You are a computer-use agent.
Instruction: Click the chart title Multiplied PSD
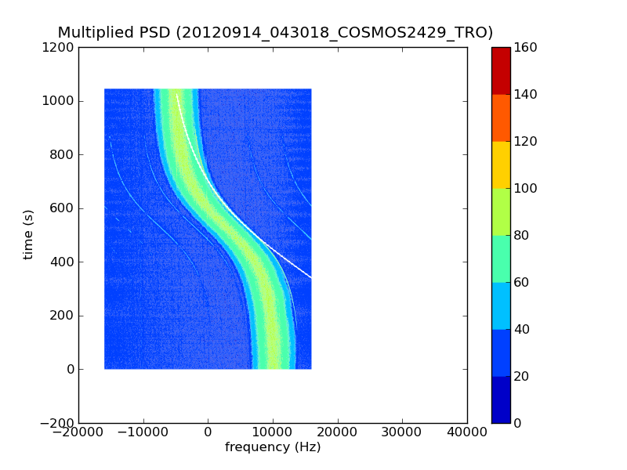114,33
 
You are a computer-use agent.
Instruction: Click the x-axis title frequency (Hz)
273,447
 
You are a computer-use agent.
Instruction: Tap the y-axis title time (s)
29,234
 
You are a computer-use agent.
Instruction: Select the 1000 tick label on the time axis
60,101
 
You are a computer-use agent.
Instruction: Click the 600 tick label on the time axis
63,208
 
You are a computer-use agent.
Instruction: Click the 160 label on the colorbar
526,48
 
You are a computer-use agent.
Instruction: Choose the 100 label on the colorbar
526,189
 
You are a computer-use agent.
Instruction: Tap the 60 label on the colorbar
523,283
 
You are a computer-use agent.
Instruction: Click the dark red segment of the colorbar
501,70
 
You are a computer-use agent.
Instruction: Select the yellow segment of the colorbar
501,164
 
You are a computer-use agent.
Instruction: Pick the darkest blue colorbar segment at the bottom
501,399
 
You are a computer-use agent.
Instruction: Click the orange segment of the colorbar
501,117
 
